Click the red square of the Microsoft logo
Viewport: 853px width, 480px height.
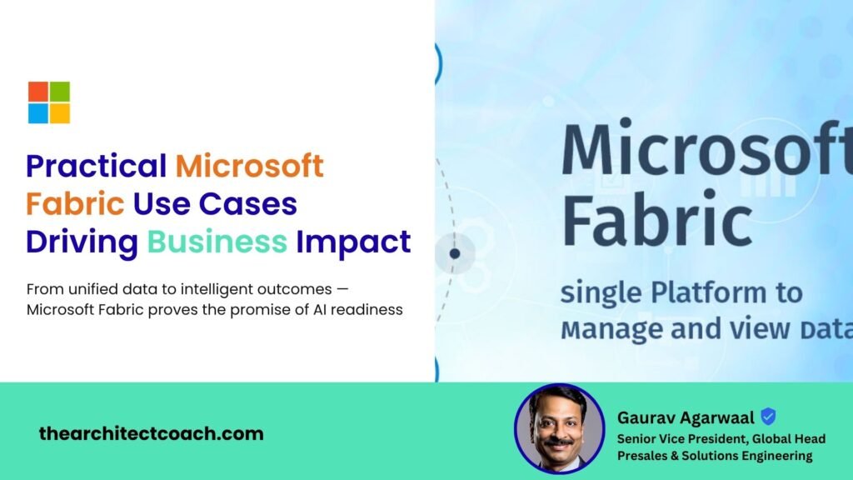[38, 92]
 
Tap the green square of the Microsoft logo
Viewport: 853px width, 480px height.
[60, 92]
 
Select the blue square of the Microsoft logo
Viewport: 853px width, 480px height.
[38, 113]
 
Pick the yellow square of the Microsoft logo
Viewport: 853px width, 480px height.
[60, 113]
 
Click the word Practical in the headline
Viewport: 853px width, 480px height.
[96, 166]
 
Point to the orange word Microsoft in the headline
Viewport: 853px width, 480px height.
[249, 166]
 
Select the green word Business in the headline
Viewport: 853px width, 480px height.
[217, 242]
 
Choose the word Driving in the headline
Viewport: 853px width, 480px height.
[82, 242]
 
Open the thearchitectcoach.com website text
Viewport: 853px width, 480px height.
[151, 433]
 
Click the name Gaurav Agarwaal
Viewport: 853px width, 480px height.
[686, 417]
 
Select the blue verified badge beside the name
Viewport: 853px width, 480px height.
[768, 417]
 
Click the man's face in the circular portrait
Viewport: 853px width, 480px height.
[559, 425]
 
